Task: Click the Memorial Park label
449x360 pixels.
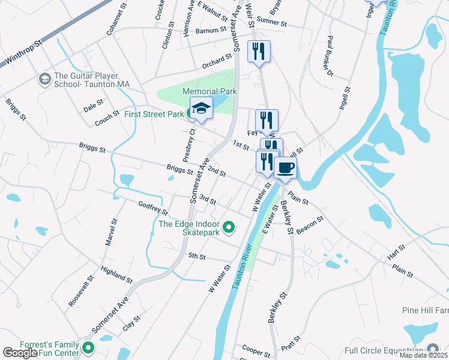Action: click(x=209, y=91)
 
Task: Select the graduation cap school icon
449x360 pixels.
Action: click(x=202, y=109)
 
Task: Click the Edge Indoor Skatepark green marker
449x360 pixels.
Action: click(x=228, y=227)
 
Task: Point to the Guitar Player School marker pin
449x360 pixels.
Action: click(x=44, y=79)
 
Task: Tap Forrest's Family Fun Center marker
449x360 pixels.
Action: click(x=89, y=347)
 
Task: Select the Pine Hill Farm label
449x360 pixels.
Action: click(x=425, y=311)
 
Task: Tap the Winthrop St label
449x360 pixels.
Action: click(x=22, y=54)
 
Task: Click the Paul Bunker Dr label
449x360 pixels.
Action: click(x=329, y=56)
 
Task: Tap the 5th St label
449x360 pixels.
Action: click(x=197, y=256)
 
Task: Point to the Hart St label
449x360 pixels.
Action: click(x=396, y=252)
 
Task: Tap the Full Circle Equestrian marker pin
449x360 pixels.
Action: click(x=433, y=350)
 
